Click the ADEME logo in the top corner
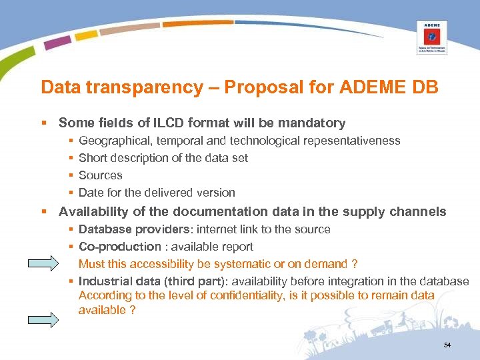coord(431,37)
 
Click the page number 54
coord(447,345)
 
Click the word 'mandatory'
coord(313,123)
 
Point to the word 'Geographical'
coord(109,141)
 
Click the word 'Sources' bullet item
coord(101,175)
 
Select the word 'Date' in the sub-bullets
coord(90,193)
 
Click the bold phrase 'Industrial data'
coord(118,281)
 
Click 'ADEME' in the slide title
coord(367,87)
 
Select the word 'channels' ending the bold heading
coord(417,212)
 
